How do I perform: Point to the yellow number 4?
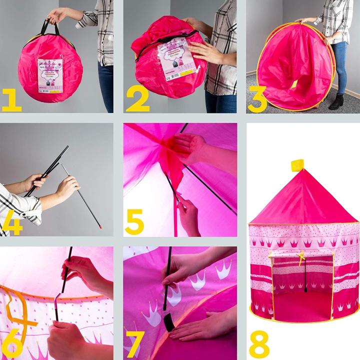[x=12, y=223]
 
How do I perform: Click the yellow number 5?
[x=134, y=222]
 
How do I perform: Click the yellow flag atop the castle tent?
[x=298, y=164]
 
